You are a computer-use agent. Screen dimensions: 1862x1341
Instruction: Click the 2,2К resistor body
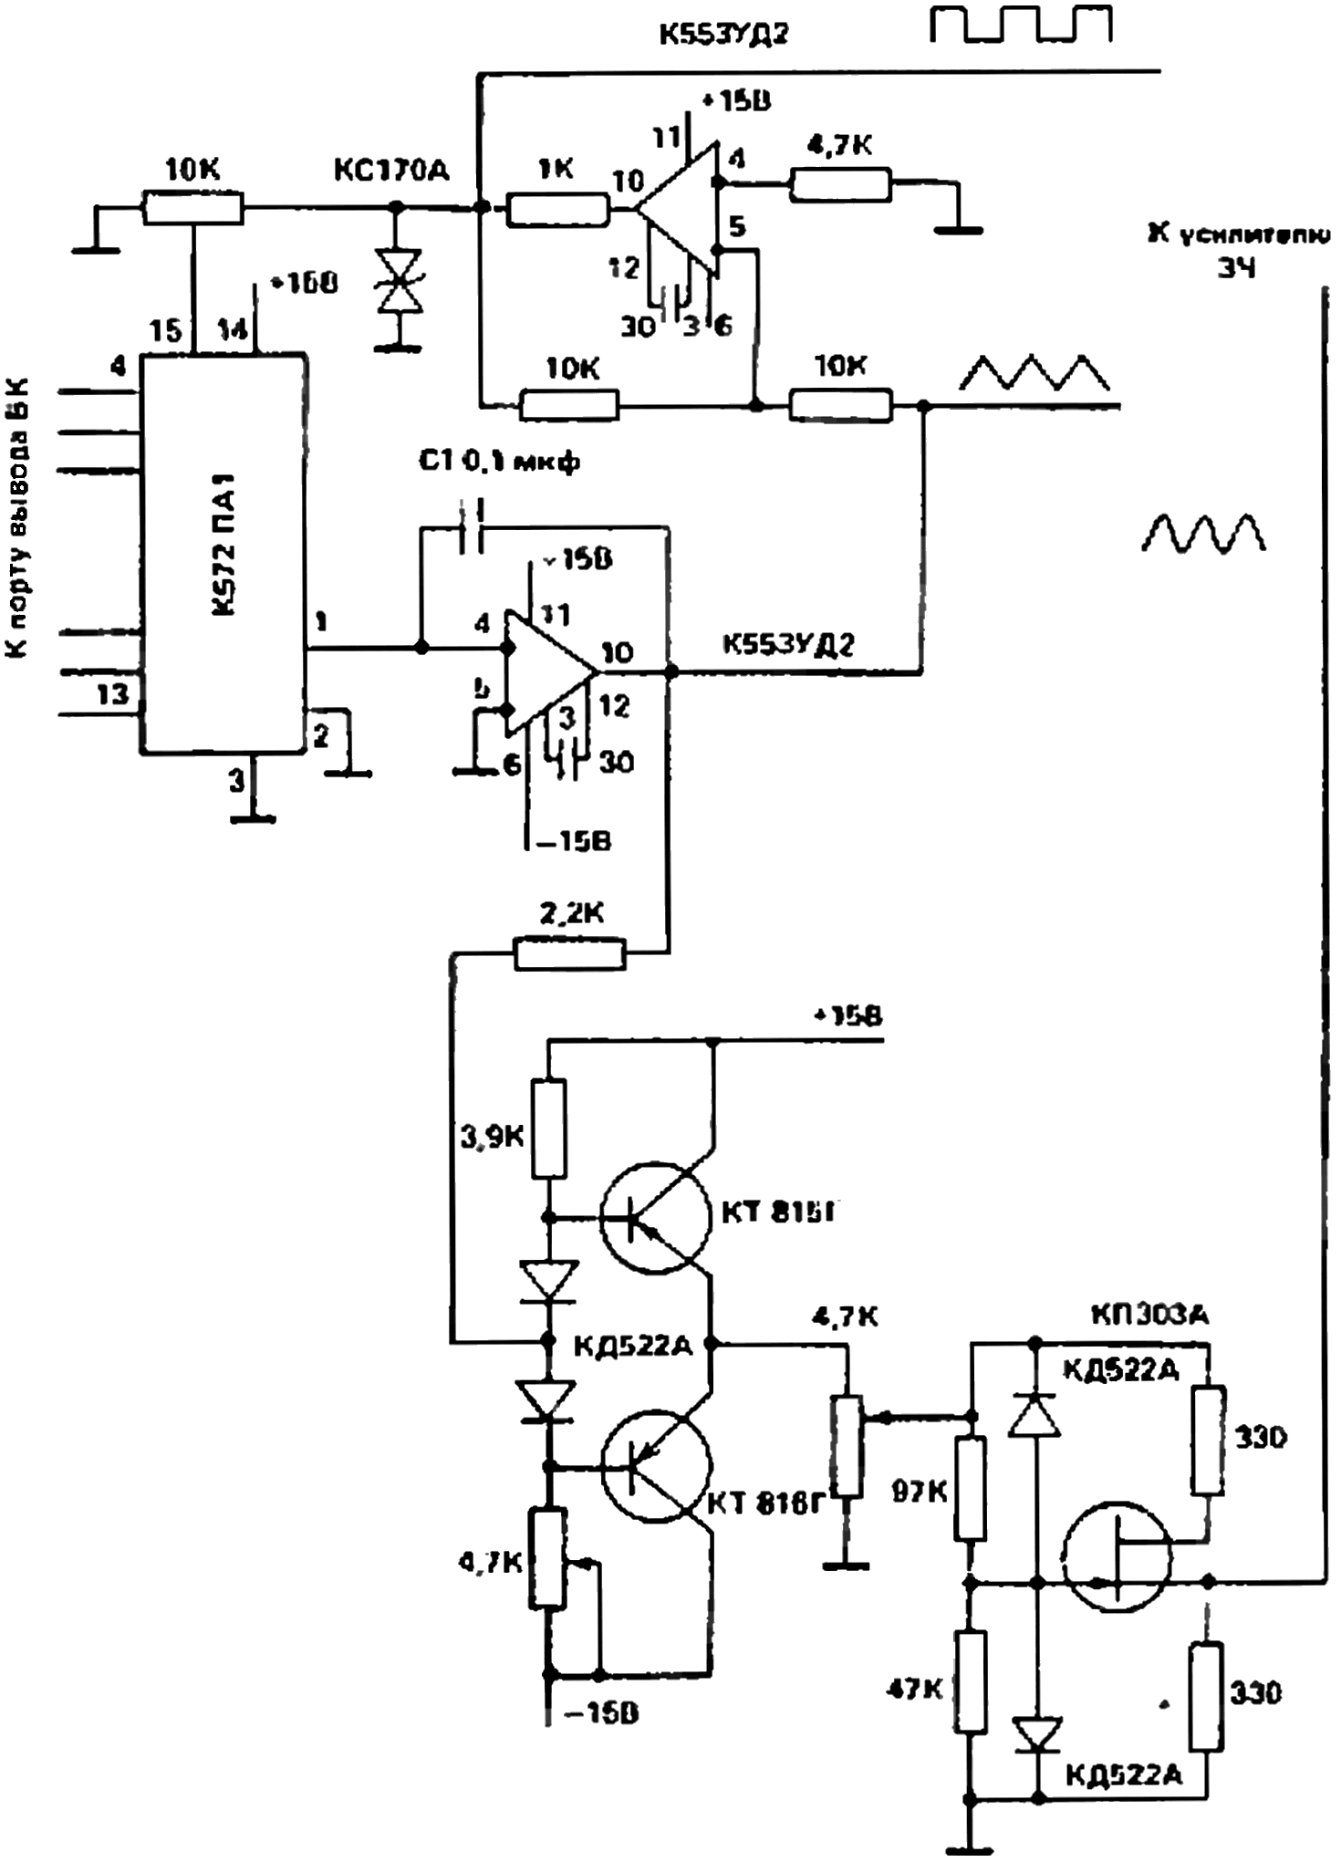571,954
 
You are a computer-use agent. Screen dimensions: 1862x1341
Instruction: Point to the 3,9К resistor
549,1128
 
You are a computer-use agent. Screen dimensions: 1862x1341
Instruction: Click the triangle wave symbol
1036,375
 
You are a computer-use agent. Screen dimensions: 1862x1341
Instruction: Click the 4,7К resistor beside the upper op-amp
840,184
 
